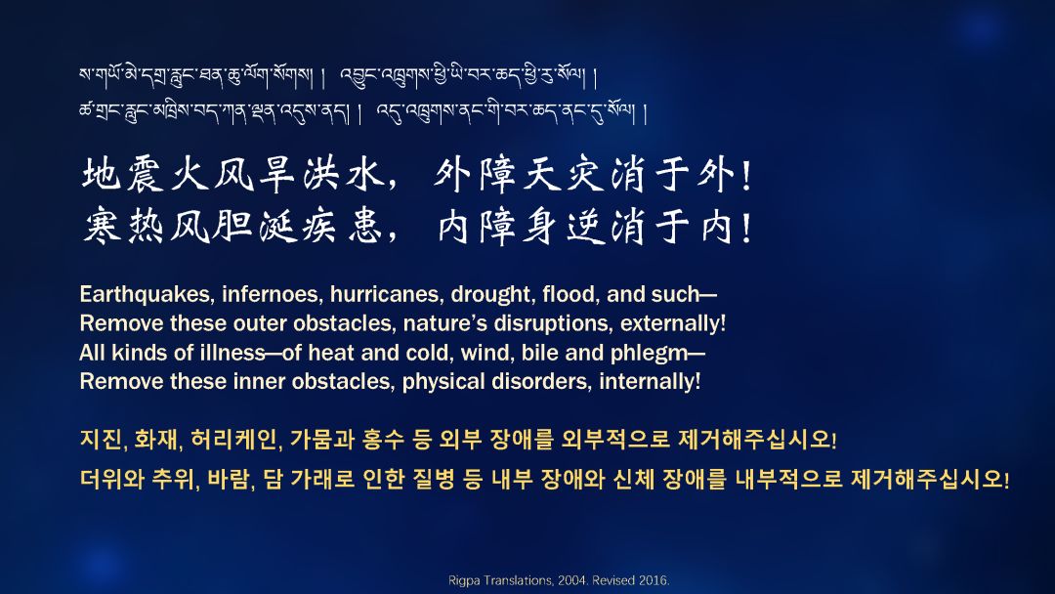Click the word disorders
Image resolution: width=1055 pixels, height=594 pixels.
click(x=539, y=382)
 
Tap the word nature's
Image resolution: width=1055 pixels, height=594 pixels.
click(x=444, y=324)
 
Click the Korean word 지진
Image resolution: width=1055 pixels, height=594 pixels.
click(x=101, y=440)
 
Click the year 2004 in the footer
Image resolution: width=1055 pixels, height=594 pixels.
click(x=571, y=580)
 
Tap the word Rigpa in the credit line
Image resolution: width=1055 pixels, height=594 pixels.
click(x=461, y=581)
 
